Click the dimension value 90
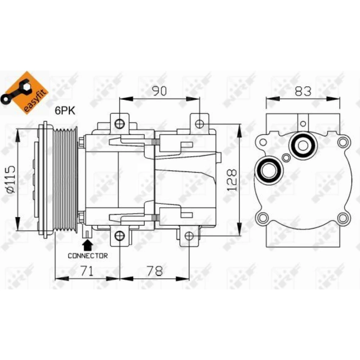point(159,91)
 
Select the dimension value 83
point(303,91)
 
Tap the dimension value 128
point(231,180)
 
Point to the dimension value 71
point(87,271)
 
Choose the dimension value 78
point(154,271)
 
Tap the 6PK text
point(65,111)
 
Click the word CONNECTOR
point(88,256)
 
